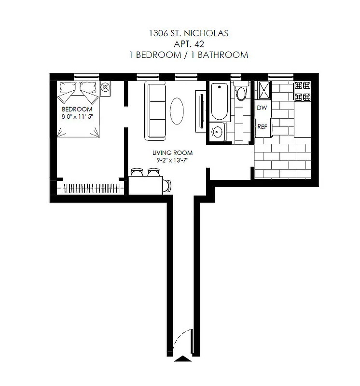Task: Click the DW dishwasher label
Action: click(262, 108)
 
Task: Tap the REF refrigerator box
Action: click(263, 126)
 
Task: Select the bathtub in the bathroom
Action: click(219, 102)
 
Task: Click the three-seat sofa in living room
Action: click(156, 110)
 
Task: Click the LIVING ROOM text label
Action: click(168, 153)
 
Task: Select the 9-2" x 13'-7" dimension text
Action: click(168, 160)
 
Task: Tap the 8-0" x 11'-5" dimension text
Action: click(76, 116)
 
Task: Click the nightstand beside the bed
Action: click(106, 89)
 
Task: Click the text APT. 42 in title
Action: click(188, 44)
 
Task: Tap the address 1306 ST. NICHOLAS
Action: click(188, 33)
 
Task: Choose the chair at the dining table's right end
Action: click(168, 185)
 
